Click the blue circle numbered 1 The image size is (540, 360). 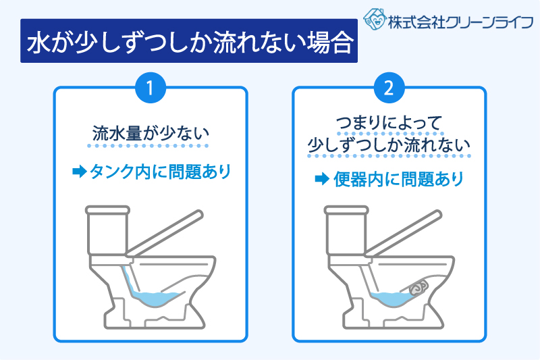pos(151,88)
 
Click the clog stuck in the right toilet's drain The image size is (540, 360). pos(418,288)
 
